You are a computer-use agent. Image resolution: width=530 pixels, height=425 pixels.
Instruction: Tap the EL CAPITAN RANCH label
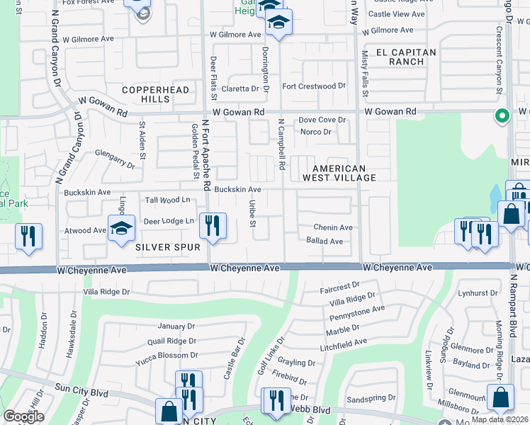point(400,57)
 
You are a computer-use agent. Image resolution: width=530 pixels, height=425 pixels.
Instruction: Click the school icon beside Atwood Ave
point(121,228)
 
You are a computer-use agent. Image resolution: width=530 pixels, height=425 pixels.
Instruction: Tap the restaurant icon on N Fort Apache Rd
point(213,226)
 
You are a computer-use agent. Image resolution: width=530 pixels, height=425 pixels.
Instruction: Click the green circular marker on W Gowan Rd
point(502,115)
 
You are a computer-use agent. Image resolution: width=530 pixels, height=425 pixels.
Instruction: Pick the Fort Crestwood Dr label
point(314,86)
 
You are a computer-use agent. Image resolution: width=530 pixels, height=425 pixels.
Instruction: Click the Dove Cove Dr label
point(322,120)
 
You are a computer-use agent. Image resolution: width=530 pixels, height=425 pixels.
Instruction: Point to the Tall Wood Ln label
point(167,200)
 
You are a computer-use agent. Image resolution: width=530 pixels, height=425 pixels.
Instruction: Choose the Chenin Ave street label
point(334,227)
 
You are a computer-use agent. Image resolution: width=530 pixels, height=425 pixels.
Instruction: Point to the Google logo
point(23,416)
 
